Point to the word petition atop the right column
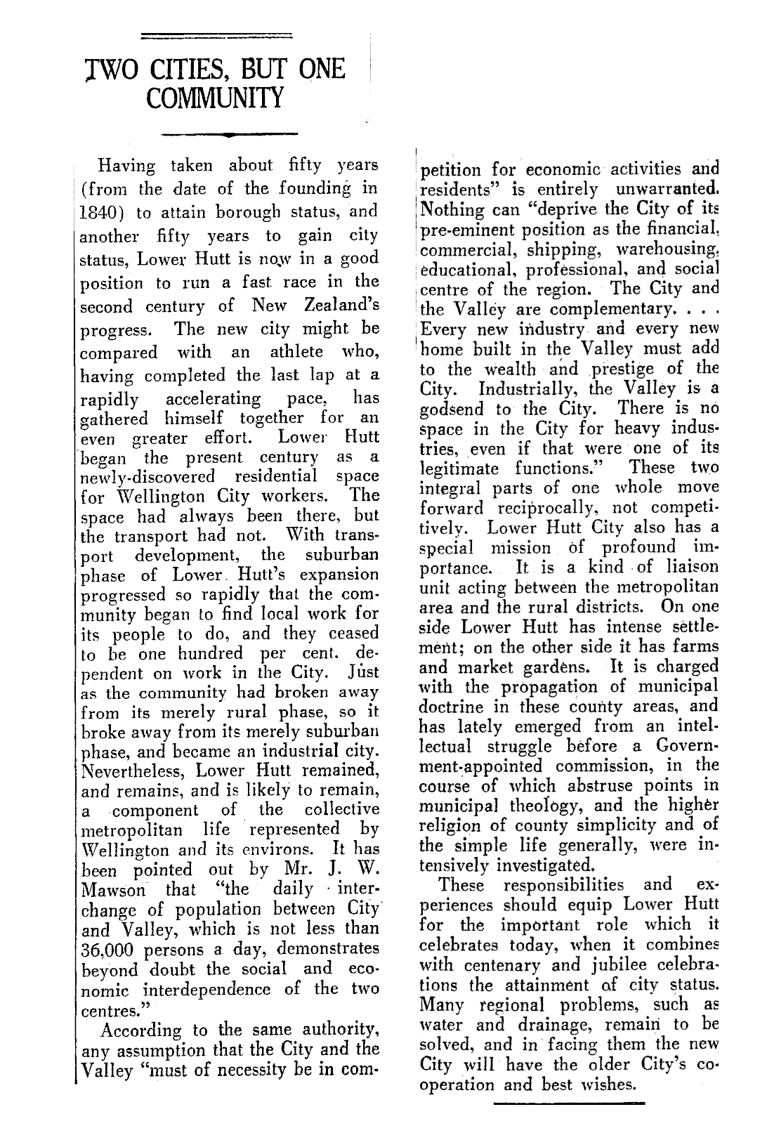coord(451,170)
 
